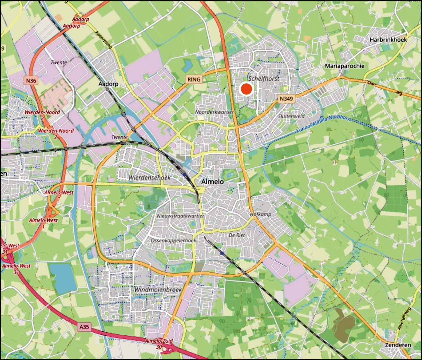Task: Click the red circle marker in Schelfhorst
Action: [x=246, y=89]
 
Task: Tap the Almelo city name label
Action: [x=213, y=182]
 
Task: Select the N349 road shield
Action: [x=286, y=99]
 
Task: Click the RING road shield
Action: [x=194, y=79]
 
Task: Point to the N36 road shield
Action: [x=31, y=81]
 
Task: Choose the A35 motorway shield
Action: [x=84, y=326]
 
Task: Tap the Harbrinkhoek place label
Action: [x=388, y=40]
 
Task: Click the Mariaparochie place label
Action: [x=344, y=66]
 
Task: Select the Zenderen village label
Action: [x=398, y=345]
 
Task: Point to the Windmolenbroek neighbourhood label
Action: [x=158, y=290]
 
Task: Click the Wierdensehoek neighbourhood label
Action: [x=150, y=178]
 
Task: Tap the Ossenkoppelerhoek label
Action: [x=173, y=241]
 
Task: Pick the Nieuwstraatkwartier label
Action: [x=180, y=216]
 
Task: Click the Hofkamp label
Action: [x=261, y=214]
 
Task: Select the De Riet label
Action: [x=237, y=235]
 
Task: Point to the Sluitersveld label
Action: [x=291, y=116]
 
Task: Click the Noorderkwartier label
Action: [x=214, y=112]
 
